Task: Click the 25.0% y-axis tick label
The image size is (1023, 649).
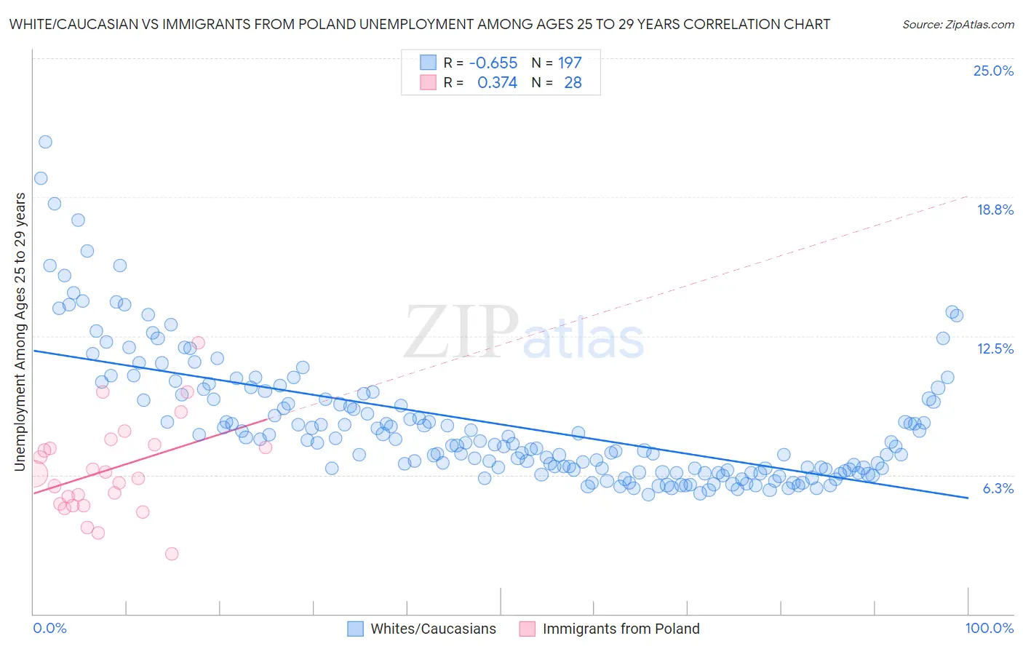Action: coord(993,71)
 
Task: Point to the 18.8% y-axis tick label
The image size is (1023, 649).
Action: coord(995,210)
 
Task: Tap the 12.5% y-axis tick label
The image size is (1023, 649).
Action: coord(995,349)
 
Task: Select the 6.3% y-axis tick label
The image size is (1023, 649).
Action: coord(998,488)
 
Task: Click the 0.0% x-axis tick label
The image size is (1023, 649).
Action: coord(49,628)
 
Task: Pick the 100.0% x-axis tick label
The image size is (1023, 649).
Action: coord(989,628)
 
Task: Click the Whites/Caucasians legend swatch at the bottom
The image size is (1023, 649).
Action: coord(355,629)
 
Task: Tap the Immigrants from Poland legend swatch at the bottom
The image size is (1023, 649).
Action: coord(527,629)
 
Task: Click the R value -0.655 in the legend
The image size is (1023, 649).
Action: coord(493,63)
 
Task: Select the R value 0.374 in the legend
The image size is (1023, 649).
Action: coord(497,82)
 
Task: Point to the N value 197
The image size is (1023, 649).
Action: coord(570,63)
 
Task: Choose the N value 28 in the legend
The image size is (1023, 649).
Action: coord(573,82)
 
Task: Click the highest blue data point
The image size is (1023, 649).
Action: coord(45,142)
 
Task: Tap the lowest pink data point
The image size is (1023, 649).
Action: coord(172,554)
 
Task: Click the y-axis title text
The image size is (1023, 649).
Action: coord(20,331)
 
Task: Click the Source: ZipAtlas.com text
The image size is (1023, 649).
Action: coord(958,24)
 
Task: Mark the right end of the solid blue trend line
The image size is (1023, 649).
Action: coord(968,498)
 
